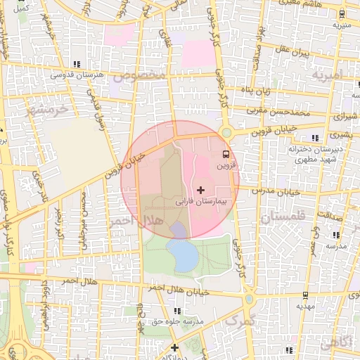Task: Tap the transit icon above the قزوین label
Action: point(226,154)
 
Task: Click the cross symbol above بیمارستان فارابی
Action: point(201,190)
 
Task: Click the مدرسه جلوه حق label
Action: point(178,321)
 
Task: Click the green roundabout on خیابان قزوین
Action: point(226,132)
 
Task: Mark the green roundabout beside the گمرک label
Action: point(250,299)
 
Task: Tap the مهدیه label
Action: point(304,307)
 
